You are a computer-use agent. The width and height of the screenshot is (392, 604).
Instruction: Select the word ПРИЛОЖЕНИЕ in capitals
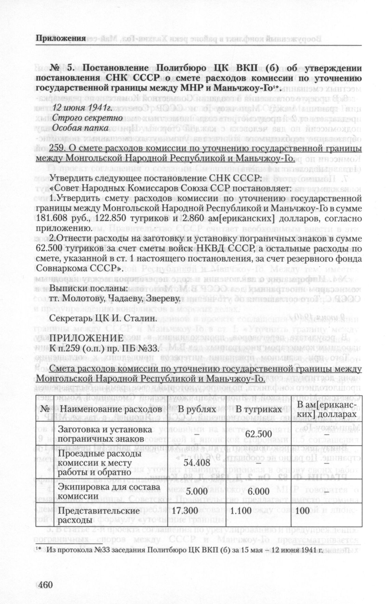(x=86, y=338)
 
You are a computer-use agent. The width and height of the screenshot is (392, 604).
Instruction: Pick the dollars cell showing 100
(x=303, y=511)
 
